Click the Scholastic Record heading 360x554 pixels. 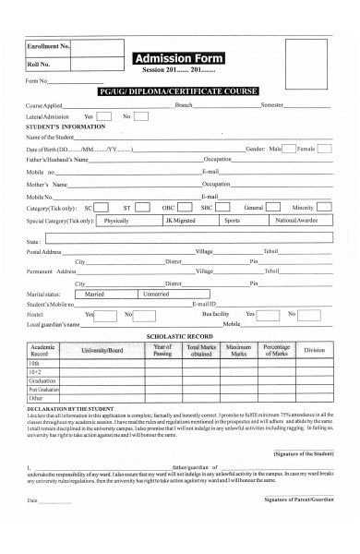pos(180,336)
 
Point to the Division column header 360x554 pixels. pos(314,351)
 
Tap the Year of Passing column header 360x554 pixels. pos(162,351)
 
